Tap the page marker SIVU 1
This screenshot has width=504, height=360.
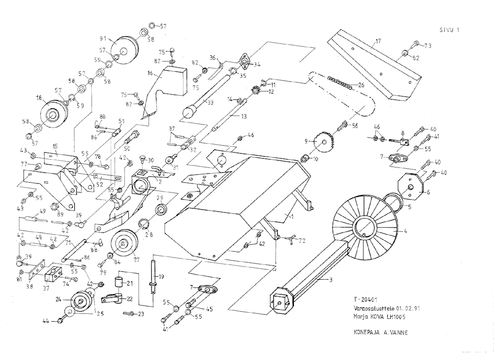[x=449, y=30]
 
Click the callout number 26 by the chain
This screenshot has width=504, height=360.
[x=361, y=85]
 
